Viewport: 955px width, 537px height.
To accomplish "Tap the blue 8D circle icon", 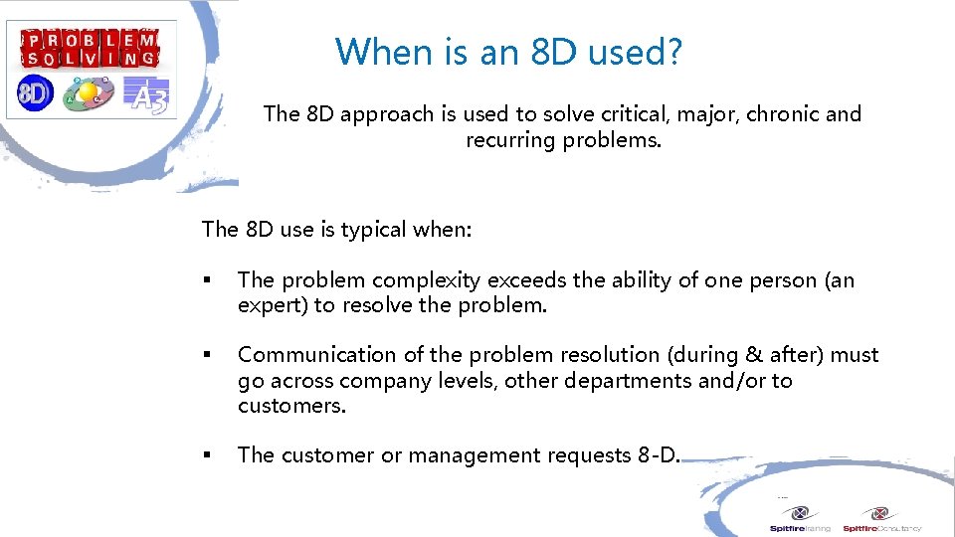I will point(35,92).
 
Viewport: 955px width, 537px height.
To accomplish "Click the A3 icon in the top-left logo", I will point(146,94).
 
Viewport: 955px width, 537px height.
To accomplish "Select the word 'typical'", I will point(374,230).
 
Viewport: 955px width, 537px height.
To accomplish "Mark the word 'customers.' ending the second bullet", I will point(291,406).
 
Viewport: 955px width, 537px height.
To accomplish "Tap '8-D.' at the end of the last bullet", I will point(660,455).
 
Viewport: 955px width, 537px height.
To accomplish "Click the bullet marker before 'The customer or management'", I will point(207,455).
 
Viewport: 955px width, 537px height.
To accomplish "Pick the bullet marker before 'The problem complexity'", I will point(207,280).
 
